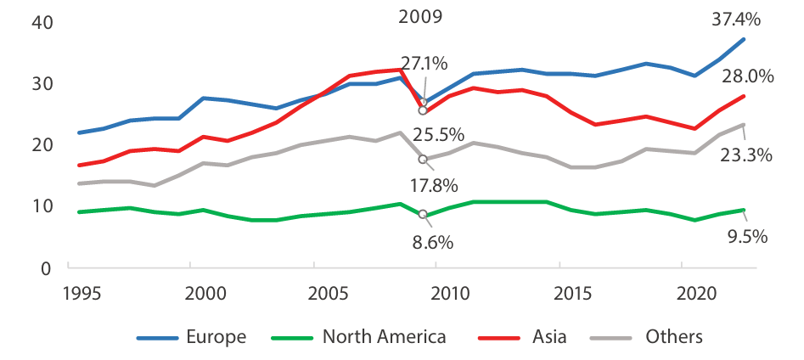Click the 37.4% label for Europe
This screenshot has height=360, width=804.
(737, 16)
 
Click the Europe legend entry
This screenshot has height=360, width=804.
(216, 337)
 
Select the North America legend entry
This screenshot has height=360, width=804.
(384, 337)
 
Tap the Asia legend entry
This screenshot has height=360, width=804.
(551, 337)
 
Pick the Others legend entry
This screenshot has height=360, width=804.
(673, 337)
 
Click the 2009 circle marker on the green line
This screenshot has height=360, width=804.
(423, 214)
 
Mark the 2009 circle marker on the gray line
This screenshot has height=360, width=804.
(423, 159)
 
